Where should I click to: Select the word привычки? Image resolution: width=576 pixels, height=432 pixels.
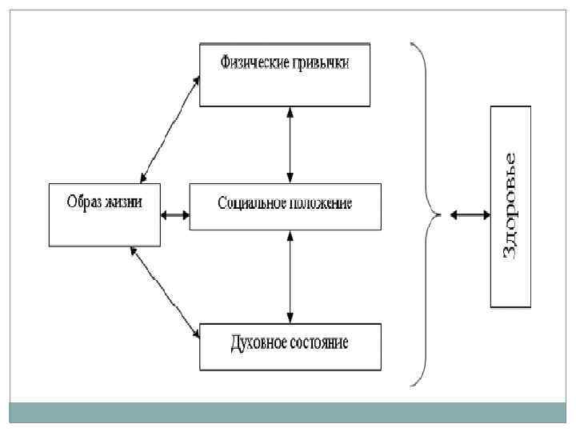click(x=320, y=62)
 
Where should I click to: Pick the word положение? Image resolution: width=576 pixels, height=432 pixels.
click(x=319, y=203)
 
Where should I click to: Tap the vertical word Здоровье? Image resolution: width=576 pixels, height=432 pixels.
click(x=510, y=206)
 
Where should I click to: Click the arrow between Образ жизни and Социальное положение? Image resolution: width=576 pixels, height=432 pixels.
click(x=174, y=214)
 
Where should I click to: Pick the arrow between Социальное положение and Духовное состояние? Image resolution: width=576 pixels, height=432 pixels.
click(x=290, y=276)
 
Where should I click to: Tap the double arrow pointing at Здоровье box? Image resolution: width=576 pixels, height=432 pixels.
click(x=470, y=214)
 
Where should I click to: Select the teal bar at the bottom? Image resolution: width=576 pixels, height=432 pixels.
click(x=288, y=412)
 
